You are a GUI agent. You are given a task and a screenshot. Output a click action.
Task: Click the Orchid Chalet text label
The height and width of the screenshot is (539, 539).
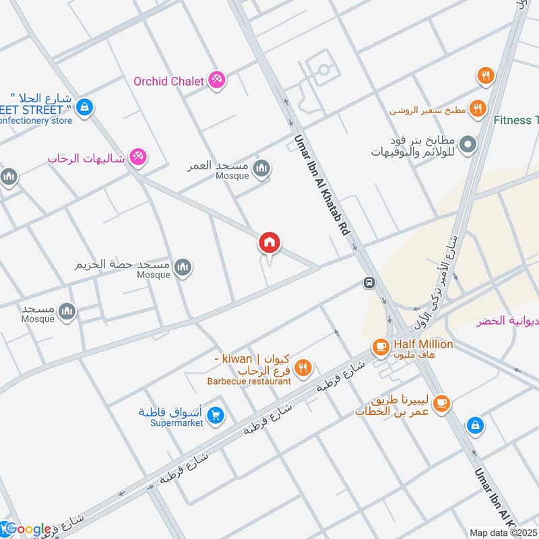tap(168, 81)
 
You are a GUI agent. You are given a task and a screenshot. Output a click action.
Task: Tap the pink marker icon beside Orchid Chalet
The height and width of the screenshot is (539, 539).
tap(216, 80)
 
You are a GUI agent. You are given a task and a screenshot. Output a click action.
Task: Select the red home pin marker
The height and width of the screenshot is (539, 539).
tap(269, 243)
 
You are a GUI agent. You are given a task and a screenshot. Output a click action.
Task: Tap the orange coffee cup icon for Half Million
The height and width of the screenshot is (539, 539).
tap(380, 346)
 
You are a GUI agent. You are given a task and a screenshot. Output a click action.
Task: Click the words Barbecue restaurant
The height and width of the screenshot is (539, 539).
tap(249, 381)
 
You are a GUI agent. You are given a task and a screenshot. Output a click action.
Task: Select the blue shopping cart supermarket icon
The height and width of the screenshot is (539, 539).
tap(216, 415)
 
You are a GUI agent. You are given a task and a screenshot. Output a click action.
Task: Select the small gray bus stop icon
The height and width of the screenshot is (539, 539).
tap(369, 282)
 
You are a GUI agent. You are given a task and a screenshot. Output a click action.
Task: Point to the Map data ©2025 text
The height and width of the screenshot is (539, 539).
tap(503, 532)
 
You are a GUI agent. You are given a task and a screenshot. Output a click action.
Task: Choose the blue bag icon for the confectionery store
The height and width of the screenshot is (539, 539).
tap(84, 107)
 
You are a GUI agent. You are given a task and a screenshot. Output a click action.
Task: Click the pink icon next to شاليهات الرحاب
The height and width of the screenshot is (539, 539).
tap(138, 157)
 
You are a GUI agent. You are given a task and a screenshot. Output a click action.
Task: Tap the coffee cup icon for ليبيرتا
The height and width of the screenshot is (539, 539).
tap(441, 404)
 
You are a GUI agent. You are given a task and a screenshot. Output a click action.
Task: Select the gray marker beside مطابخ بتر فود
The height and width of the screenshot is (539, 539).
tap(466, 144)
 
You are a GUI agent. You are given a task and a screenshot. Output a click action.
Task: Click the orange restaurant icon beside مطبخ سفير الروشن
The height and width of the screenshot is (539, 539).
tap(477, 108)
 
